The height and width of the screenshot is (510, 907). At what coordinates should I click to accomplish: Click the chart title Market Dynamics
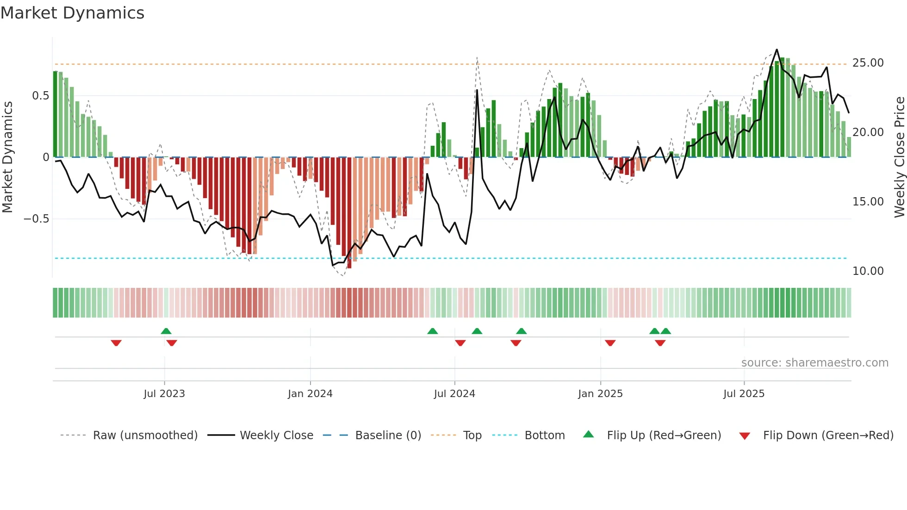pyautogui.click(x=72, y=13)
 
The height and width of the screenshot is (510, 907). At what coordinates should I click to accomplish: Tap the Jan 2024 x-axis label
pyautogui.click(x=310, y=394)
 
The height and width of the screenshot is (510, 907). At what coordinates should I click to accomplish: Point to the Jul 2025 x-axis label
pyautogui.click(x=744, y=394)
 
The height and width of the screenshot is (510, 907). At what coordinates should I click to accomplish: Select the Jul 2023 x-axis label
pyautogui.click(x=164, y=394)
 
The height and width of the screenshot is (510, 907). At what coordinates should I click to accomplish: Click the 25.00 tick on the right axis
pyautogui.click(x=868, y=63)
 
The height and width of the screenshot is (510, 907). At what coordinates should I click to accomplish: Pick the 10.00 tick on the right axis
pyautogui.click(x=868, y=271)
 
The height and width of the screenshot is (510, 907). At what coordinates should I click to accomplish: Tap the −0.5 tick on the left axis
pyautogui.click(x=36, y=219)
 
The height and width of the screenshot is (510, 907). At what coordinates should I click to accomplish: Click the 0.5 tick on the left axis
pyautogui.click(x=40, y=96)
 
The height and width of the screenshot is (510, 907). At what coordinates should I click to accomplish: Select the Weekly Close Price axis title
pyautogui.click(x=899, y=157)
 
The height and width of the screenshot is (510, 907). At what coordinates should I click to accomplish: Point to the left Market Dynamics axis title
pyautogui.click(x=7, y=157)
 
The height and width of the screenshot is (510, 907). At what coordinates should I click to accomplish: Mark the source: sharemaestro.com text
pyautogui.click(x=814, y=363)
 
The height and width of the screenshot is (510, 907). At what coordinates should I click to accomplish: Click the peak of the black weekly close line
pyautogui.click(x=777, y=50)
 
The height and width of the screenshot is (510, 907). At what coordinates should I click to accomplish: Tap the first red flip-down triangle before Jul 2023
pyautogui.click(x=116, y=343)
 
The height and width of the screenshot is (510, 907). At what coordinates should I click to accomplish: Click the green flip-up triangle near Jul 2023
pyautogui.click(x=166, y=331)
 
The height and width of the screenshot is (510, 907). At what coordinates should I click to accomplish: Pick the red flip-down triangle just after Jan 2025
pyautogui.click(x=610, y=343)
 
